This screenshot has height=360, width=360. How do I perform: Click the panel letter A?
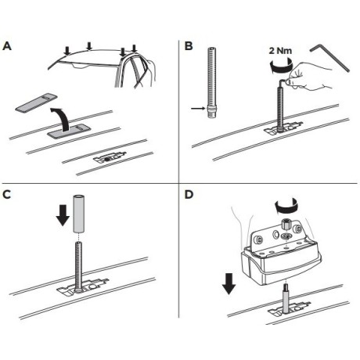click(x=8, y=46)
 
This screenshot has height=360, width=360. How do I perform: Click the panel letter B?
click(x=189, y=46)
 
